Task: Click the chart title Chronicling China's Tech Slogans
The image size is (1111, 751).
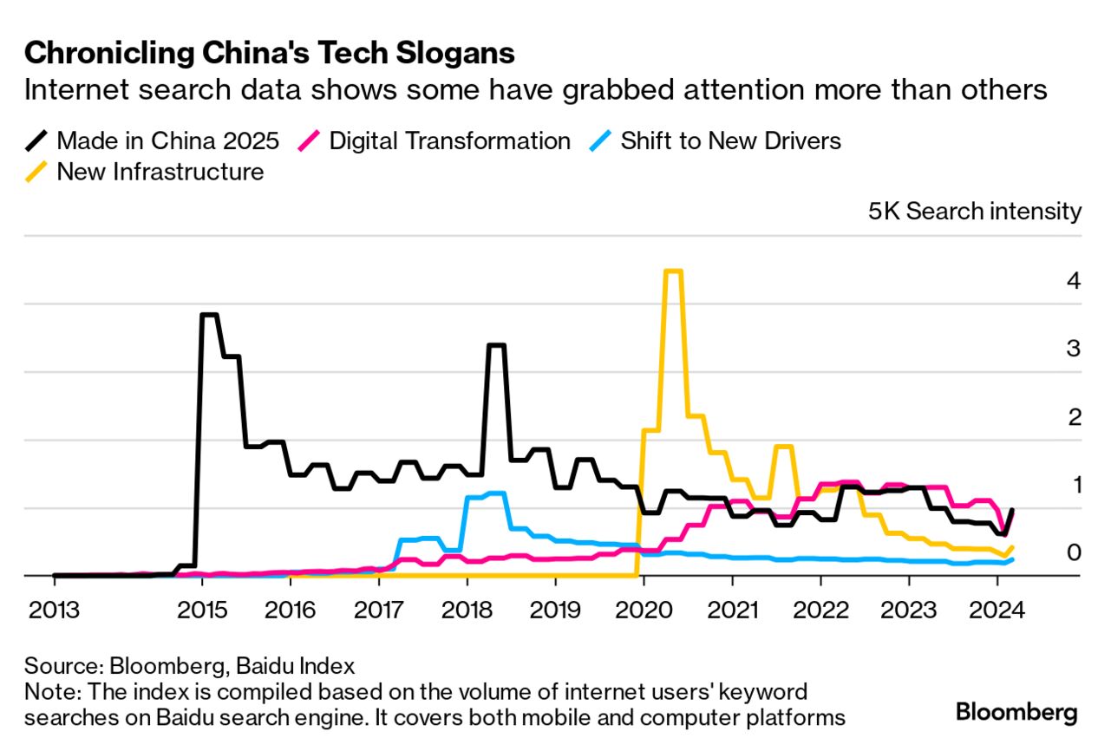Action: coord(270,54)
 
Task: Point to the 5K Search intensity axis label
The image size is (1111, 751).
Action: coord(975,212)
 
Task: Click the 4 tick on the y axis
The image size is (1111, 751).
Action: coord(1074,281)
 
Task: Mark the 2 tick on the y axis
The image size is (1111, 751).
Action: coord(1074,417)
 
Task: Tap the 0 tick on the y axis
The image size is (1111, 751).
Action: coord(1074,552)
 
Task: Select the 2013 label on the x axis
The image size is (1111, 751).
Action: coord(54,610)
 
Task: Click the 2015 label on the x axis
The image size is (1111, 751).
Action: coord(202,610)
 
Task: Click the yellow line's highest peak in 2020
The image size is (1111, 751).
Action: coord(673,271)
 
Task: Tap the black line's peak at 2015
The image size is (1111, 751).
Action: coord(209,315)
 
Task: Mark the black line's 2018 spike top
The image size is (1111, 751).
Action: coord(496,345)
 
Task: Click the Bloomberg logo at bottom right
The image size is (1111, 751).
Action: coord(1016,713)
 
